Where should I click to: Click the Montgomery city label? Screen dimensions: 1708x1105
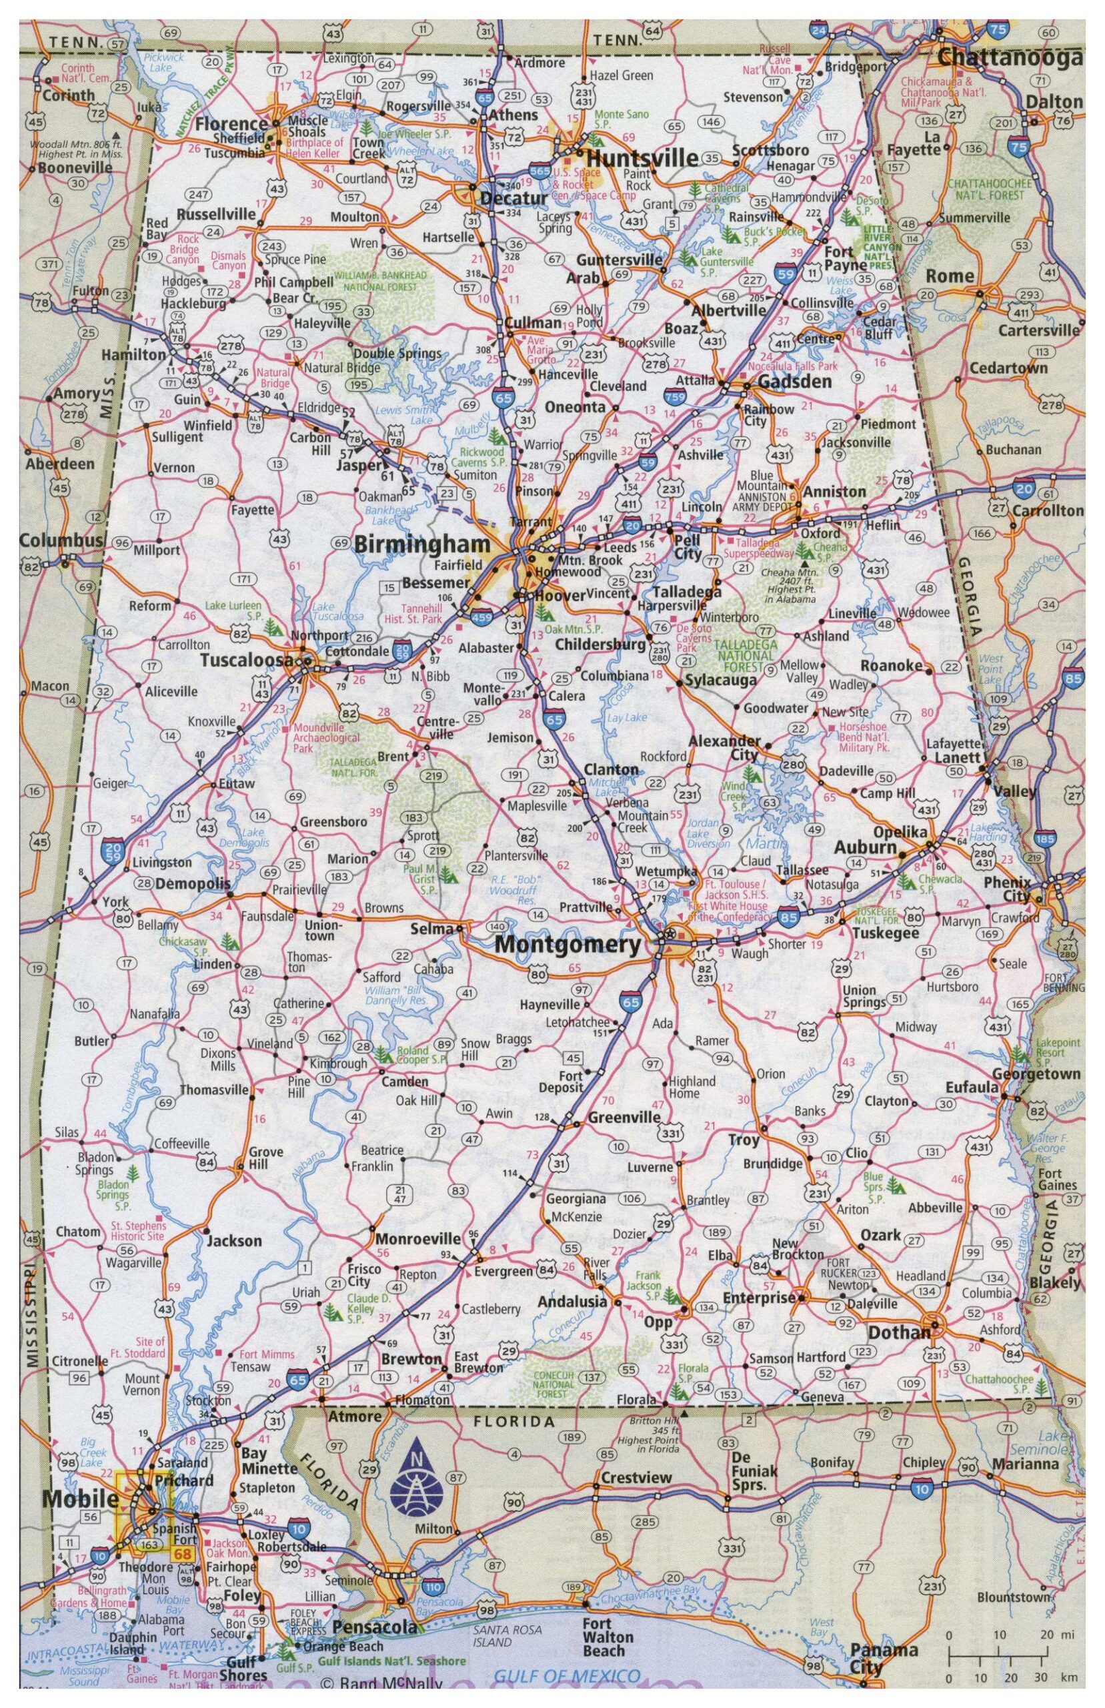[568, 945]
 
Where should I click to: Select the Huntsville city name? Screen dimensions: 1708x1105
[642, 157]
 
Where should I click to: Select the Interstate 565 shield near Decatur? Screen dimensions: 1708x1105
[541, 170]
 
